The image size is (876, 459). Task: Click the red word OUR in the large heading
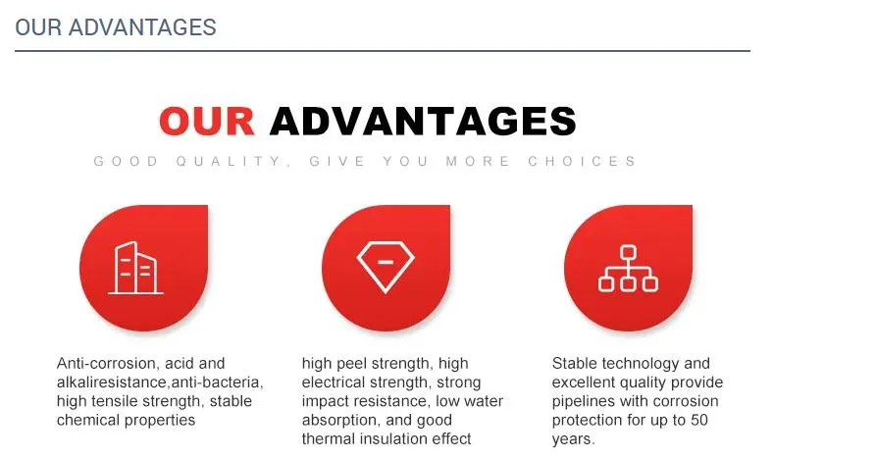click(x=207, y=121)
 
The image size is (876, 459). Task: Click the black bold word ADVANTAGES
click(x=423, y=121)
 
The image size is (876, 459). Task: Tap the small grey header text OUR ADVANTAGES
click(x=116, y=27)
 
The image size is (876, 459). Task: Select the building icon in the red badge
click(x=135, y=268)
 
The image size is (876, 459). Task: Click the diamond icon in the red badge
click(x=386, y=267)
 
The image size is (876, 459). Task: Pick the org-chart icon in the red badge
click(x=628, y=269)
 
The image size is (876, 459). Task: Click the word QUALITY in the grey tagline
click(x=230, y=162)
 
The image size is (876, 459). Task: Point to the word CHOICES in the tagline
click(x=582, y=162)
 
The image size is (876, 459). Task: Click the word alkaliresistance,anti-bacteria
click(x=160, y=382)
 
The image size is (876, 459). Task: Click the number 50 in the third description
click(x=698, y=420)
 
